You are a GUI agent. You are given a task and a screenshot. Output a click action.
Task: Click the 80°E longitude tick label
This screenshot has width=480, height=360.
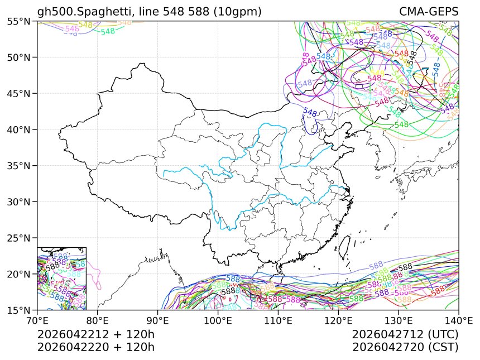[x=98, y=321]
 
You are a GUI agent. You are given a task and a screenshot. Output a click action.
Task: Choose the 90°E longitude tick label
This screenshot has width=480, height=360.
[x=158, y=321]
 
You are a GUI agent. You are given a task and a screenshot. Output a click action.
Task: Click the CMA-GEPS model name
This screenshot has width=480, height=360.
[x=429, y=12]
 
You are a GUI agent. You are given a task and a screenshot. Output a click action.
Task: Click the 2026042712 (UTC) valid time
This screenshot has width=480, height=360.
[x=405, y=334]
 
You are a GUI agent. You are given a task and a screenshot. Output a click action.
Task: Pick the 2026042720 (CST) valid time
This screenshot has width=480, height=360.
[x=405, y=347]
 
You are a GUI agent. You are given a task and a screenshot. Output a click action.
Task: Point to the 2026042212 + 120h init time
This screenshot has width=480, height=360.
[x=95, y=334]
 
